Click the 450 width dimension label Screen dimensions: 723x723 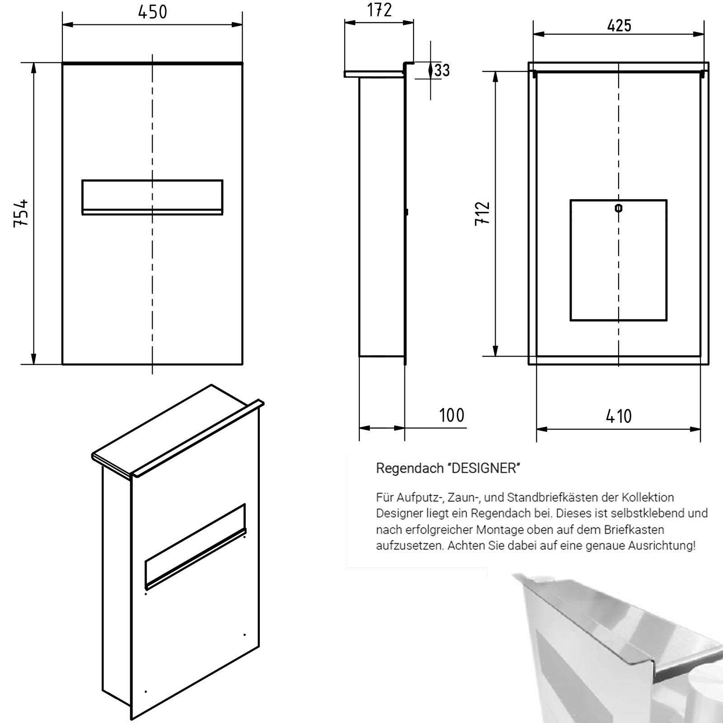(x=152, y=12)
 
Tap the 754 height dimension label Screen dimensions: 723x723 (x=21, y=213)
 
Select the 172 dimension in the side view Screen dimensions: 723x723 (x=379, y=10)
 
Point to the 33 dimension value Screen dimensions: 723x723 (x=442, y=70)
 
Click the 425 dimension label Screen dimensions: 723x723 (x=619, y=25)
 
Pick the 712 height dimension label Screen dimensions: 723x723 (x=482, y=213)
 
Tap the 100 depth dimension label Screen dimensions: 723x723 (x=451, y=415)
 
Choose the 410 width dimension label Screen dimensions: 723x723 (x=619, y=416)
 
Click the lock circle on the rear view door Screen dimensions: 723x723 (x=618, y=208)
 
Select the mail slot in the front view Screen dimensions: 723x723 (x=152, y=197)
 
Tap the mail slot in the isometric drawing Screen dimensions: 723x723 (x=195, y=546)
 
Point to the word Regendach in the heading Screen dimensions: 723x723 (x=409, y=469)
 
